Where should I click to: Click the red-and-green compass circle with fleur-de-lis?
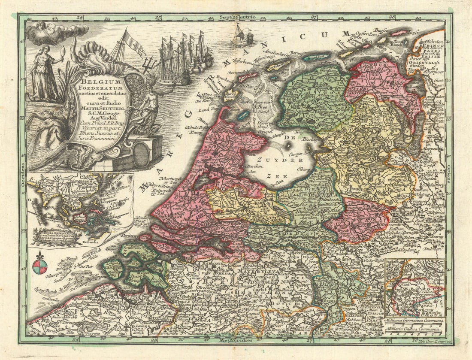point(39,266)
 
